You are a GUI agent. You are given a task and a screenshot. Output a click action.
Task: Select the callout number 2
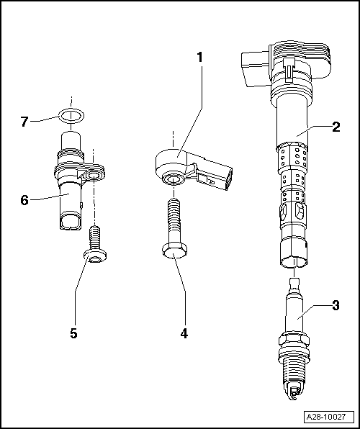pos(336,129)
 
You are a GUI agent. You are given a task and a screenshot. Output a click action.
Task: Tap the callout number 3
pos(336,306)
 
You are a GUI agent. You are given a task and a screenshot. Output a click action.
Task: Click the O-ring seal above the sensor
pos(71,114)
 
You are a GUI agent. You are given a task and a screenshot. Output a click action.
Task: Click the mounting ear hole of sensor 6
pos(94,175)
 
